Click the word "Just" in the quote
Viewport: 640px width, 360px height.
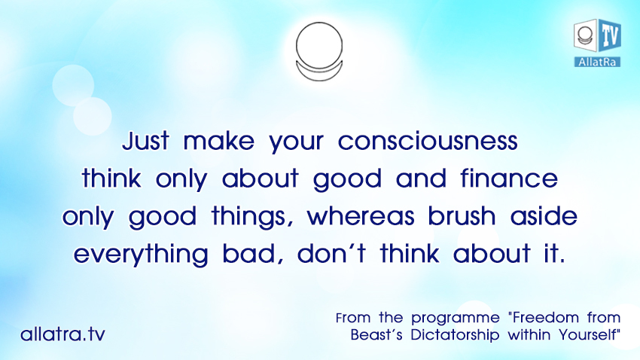coord(146,141)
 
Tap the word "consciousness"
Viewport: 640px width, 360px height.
coord(428,141)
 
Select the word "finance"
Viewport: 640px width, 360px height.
coord(510,178)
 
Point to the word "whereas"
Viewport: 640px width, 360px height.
coord(361,216)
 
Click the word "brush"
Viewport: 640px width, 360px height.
coord(462,216)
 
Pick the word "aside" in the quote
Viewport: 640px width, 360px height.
coord(544,216)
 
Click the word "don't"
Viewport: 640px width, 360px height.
coord(331,254)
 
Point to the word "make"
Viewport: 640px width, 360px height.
coord(219,141)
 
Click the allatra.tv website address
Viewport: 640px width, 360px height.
coord(62,334)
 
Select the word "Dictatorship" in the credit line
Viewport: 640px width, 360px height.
coord(455,335)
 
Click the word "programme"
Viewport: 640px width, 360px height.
coord(455,319)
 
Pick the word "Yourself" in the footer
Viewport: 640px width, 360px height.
coord(590,335)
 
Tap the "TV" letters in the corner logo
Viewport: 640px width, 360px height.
coord(610,35)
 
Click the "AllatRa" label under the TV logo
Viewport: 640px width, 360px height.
coord(597,62)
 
